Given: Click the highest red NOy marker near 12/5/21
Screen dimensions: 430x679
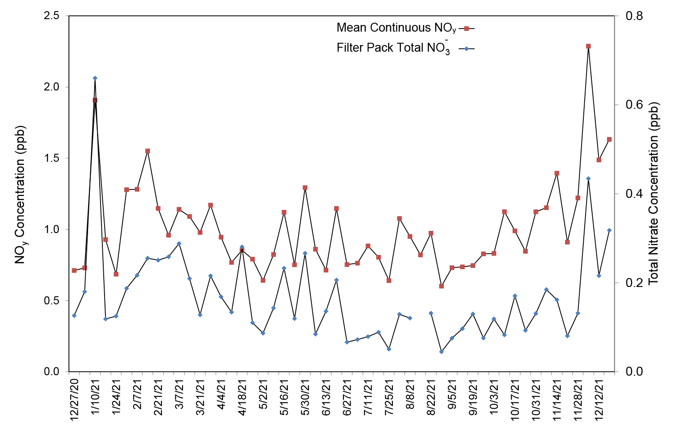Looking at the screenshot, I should coord(588,46).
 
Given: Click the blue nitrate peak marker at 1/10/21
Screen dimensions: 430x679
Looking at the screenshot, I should coord(95,78).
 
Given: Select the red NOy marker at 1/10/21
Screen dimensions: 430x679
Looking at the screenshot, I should coord(95,100).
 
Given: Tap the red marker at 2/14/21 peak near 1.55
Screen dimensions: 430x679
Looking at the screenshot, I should coord(148,151).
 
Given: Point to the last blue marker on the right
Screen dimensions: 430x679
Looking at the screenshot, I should coord(609,230).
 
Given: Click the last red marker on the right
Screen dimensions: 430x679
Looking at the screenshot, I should coord(609,139).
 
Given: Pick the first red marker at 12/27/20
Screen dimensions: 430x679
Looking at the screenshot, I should coord(74,270).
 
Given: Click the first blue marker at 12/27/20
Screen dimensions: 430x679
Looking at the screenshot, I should coord(74,315).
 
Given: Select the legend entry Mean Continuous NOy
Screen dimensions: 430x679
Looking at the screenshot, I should coord(396,28).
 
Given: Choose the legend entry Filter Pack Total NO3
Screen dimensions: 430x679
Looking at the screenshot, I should coord(393,48).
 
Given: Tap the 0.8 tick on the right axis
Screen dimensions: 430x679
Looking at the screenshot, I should coord(634,16).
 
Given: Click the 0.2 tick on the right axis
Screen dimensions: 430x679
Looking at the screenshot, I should coord(634,283).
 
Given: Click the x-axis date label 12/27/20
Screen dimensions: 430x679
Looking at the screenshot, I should coord(74,399).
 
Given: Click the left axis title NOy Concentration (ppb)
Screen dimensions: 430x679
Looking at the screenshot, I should coord(20,194).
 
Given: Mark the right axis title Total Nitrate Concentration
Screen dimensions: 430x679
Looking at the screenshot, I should coord(653,194).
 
